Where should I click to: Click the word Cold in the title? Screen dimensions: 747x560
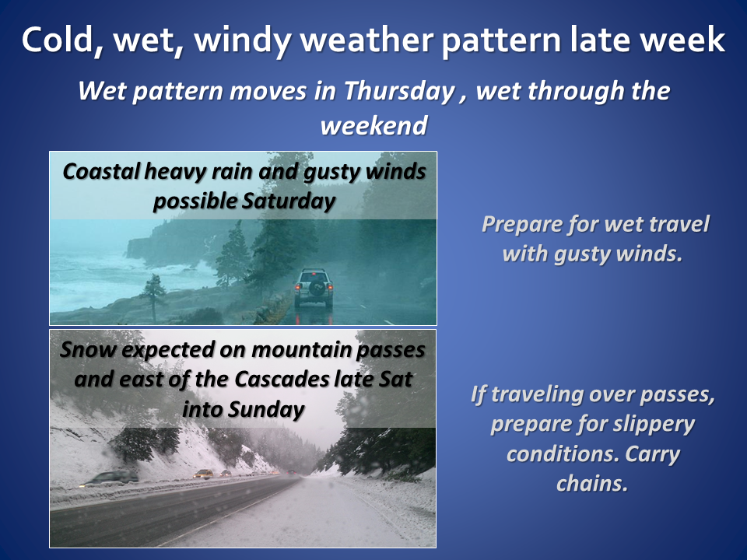pos(57,40)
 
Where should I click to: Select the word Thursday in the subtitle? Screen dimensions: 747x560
pos(399,92)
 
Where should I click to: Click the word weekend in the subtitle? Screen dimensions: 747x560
pos(374,126)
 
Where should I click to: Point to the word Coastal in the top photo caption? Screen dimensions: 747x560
pos(101,171)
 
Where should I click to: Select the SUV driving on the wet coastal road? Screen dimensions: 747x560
pos(314,289)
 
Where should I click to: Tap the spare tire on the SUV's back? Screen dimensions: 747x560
pos(317,288)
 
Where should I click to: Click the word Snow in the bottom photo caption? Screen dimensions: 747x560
pos(88,350)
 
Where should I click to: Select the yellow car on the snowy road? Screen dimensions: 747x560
pos(203,474)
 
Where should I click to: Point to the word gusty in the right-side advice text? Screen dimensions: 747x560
pos(582,254)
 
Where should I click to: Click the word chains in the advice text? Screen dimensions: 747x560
pos(592,484)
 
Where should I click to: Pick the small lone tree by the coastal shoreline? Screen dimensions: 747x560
pos(153,296)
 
